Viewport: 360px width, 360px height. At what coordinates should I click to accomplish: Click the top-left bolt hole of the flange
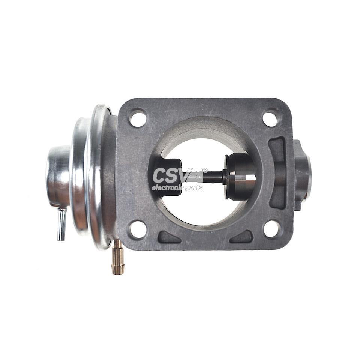point(138,119)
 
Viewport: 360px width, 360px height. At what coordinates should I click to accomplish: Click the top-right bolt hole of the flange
point(271,119)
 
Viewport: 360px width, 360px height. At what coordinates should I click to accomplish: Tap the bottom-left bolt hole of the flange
point(138,229)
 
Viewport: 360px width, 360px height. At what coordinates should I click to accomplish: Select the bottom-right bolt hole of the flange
point(272,229)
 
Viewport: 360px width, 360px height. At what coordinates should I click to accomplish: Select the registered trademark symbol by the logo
point(205,170)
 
